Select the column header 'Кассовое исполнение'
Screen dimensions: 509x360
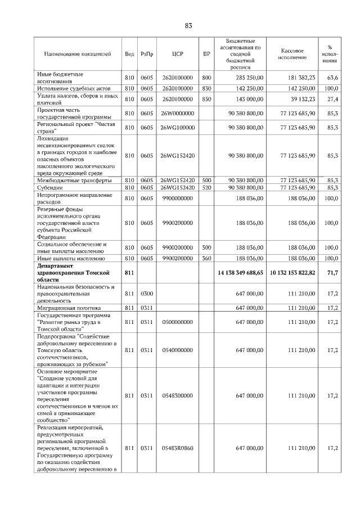click(292, 54)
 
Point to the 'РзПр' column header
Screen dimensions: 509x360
click(147, 54)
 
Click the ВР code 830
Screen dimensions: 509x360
click(206, 88)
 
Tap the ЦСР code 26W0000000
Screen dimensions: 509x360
click(177, 114)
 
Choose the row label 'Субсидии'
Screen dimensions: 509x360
click(49, 187)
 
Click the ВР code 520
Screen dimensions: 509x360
click(206, 187)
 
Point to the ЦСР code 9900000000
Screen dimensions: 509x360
click(177, 198)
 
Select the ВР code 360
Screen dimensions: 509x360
click(206, 259)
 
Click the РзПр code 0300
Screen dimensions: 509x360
click(147, 294)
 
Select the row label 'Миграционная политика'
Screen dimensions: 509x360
click(69, 308)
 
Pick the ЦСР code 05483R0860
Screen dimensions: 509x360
click(177, 448)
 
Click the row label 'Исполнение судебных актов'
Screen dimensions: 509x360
click(73, 88)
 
